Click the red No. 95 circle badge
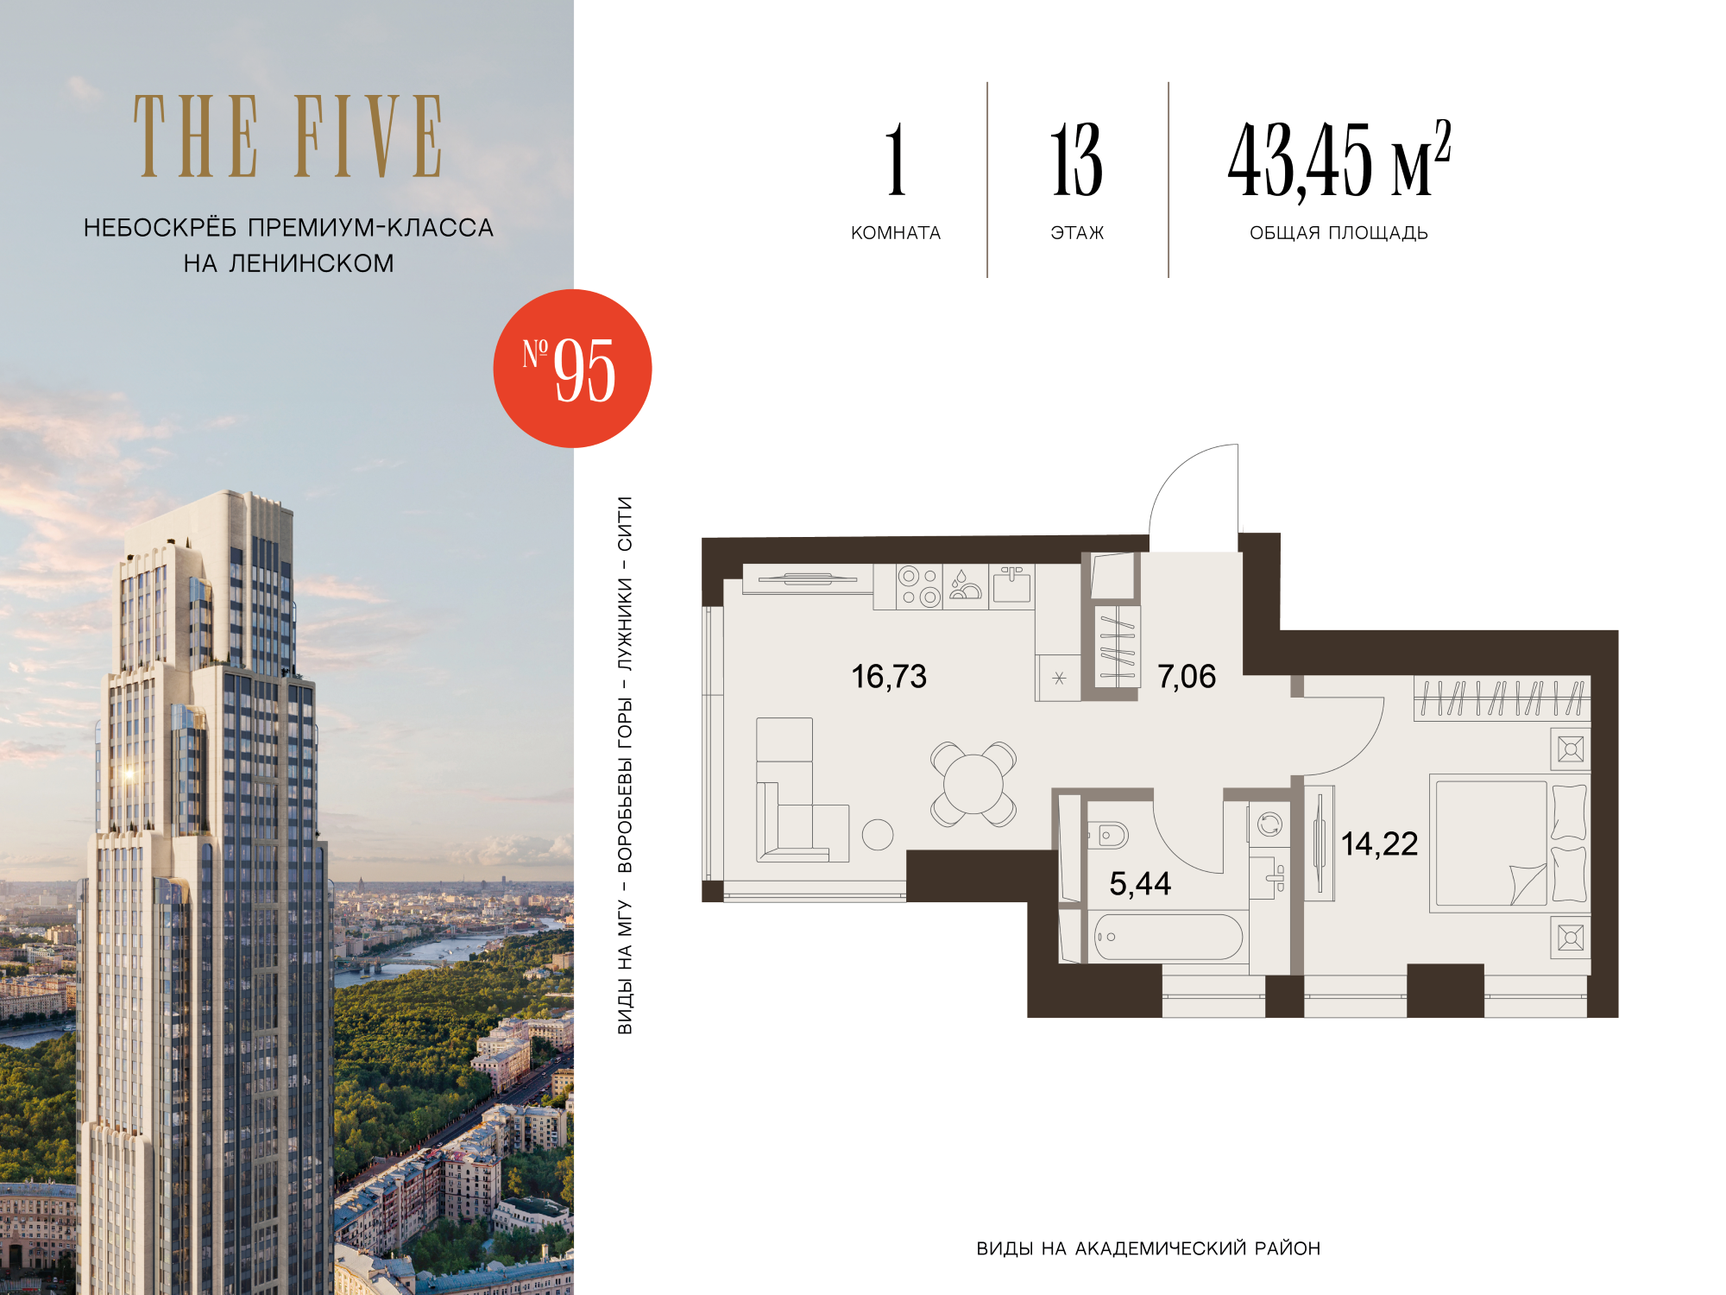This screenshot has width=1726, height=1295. pyautogui.click(x=572, y=369)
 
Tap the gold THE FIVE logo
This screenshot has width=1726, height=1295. pyautogui.click(x=288, y=136)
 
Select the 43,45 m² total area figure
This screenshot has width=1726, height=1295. pyautogui.click(x=1339, y=160)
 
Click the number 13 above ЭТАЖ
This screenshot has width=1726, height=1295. pyautogui.click(x=1076, y=160)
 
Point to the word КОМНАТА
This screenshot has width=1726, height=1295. pyautogui.click(x=896, y=233)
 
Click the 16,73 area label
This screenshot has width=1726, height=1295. pyautogui.click(x=889, y=677)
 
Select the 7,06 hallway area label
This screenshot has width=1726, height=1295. pyautogui.click(x=1187, y=677)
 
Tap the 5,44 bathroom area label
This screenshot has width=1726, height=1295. pyautogui.click(x=1140, y=883)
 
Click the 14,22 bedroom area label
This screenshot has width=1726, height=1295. pyautogui.click(x=1379, y=843)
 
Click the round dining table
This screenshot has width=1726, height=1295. pyautogui.click(x=973, y=784)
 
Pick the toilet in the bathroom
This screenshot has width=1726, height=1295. pyautogui.click(x=1108, y=835)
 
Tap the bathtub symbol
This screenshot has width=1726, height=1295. pyautogui.click(x=1168, y=937)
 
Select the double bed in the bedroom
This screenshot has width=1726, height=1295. pyautogui.click(x=1509, y=843)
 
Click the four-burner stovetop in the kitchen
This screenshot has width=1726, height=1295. pyautogui.click(x=919, y=587)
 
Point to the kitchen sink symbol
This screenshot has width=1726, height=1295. pyautogui.click(x=1011, y=585)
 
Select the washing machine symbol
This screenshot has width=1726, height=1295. pyautogui.click(x=1269, y=824)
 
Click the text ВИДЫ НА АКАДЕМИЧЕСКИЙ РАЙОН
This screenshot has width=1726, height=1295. pyautogui.click(x=1149, y=1248)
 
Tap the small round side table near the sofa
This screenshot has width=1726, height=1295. pyautogui.click(x=878, y=834)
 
